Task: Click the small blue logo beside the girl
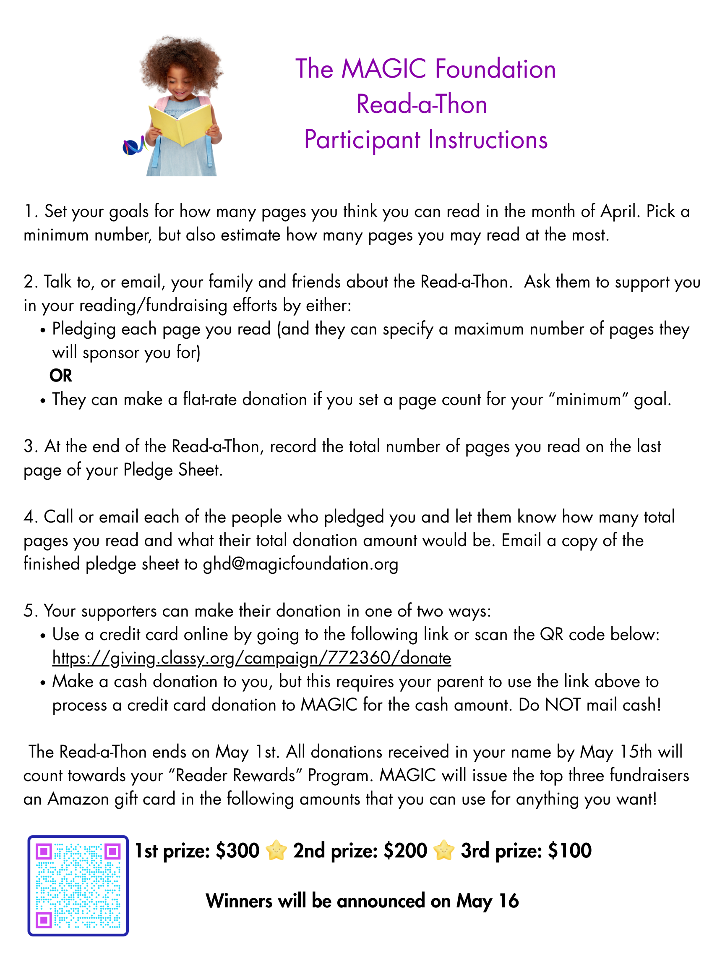133,146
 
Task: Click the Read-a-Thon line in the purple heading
422,105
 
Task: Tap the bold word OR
61,376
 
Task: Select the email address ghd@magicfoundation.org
300,564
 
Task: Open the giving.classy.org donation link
251,658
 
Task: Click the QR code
78,886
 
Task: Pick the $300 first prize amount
238,851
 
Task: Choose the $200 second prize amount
405,851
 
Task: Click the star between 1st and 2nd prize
276,851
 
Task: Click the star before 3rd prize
444,851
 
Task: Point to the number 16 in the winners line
509,901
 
